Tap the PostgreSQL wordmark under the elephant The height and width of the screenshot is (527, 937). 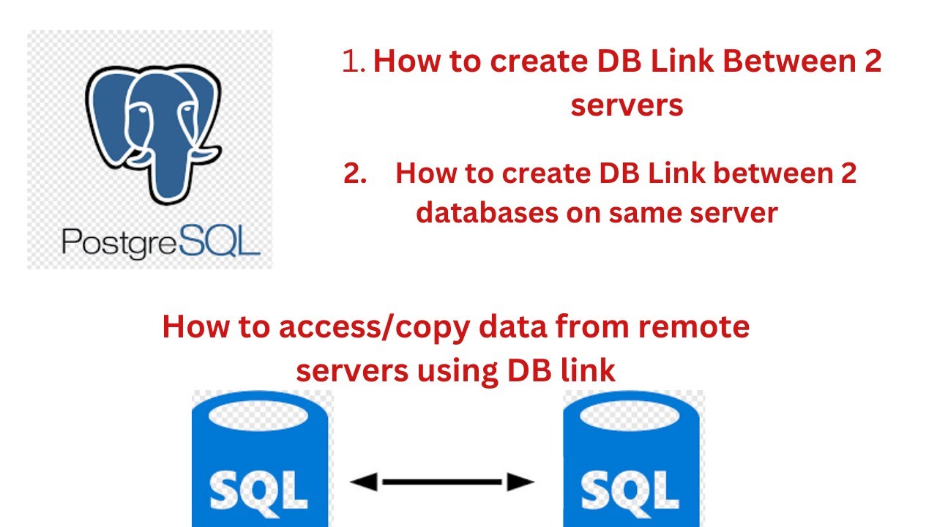[x=161, y=242]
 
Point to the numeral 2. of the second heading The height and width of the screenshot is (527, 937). [x=355, y=174]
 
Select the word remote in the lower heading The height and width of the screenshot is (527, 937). [x=695, y=326]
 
